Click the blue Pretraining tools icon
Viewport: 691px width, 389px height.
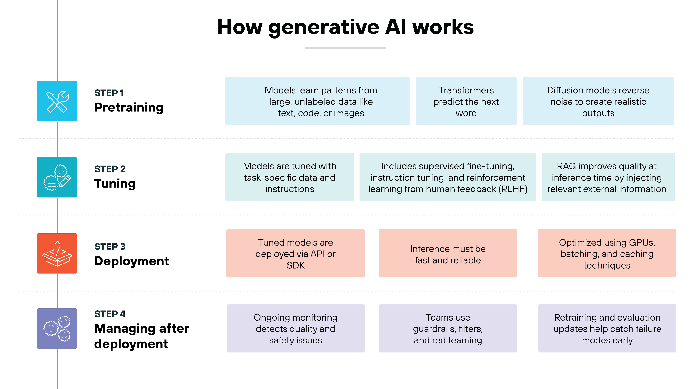tap(57, 101)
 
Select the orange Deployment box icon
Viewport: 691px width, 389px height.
tap(57, 253)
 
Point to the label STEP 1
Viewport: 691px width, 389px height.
tap(109, 93)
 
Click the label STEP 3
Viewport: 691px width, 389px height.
tap(110, 247)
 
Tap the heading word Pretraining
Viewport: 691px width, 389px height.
tap(129, 107)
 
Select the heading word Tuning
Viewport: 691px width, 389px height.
tap(115, 184)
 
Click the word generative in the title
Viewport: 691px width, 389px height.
tap(324, 28)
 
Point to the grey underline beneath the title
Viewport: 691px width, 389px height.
tap(345, 48)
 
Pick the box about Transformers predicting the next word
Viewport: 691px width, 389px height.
tap(466, 101)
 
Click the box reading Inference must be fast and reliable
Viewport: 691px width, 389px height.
tap(448, 253)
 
